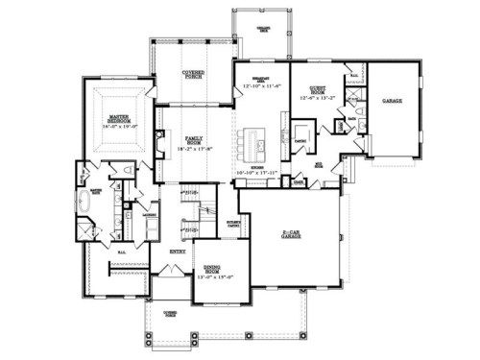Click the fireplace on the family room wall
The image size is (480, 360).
[157, 145]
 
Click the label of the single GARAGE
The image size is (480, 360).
[391, 100]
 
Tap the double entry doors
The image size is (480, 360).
[176, 274]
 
